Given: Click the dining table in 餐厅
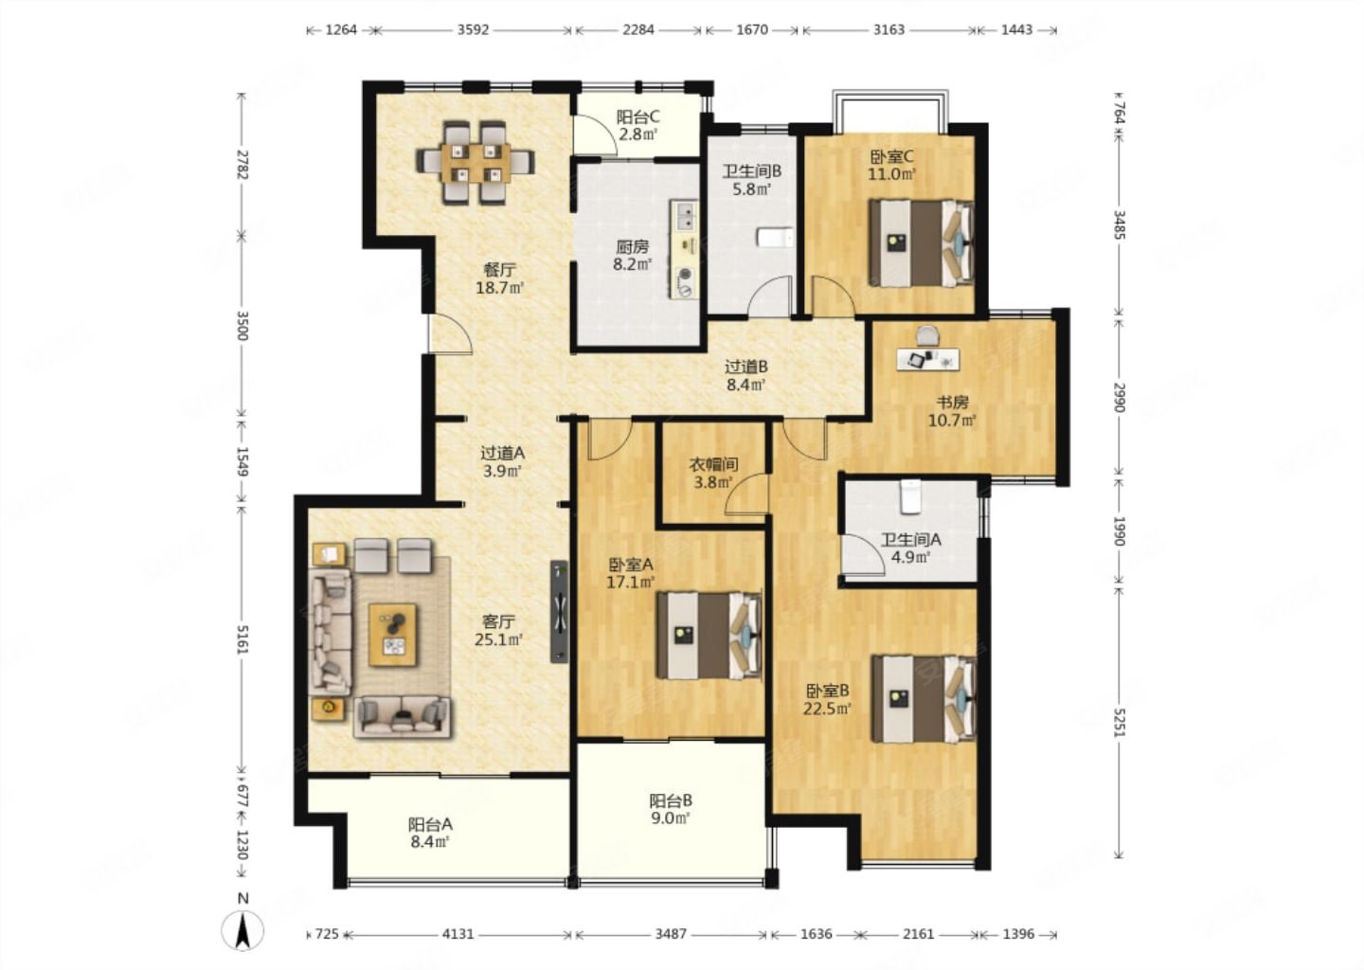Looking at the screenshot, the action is (x=476, y=163).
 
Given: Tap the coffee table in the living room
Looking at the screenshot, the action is (x=393, y=635).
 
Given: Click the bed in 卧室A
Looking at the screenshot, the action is (x=709, y=635).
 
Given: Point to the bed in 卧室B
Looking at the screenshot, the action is (x=924, y=698).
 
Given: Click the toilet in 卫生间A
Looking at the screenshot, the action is (x=909, y=496).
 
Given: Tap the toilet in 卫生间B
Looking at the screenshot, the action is (x=775, y=238).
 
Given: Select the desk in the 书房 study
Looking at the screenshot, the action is (x=928, y=359).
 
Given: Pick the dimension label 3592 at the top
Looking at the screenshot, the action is (x=474, y=29).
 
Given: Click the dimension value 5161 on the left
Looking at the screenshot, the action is (x=242, y=639).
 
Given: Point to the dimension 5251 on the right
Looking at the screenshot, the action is (x=1119, y=723).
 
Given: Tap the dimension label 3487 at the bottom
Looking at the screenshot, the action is (x=671, y=933).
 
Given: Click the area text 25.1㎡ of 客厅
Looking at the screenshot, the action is (x=499, y=639).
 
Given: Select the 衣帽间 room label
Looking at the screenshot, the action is (x=713, y=465).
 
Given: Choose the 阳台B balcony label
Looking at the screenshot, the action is (x=671, y=800).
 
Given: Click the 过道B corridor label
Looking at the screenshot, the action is (x=746, y=367).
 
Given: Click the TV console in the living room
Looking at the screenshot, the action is (x=560, y=611).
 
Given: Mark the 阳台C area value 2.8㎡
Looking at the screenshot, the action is (x=638, y=134).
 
